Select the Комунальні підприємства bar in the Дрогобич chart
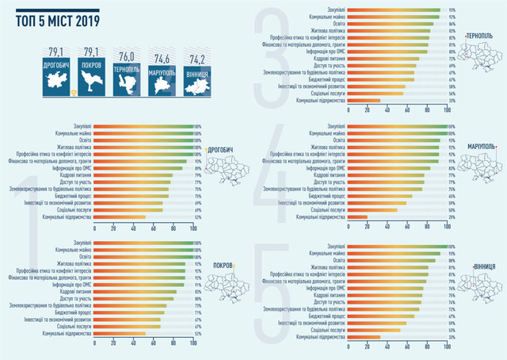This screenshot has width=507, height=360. (119, 216)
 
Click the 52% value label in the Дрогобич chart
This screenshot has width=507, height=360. (197, 216)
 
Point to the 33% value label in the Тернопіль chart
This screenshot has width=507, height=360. (452, 101)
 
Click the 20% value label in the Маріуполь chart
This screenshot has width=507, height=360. (452, 216)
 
